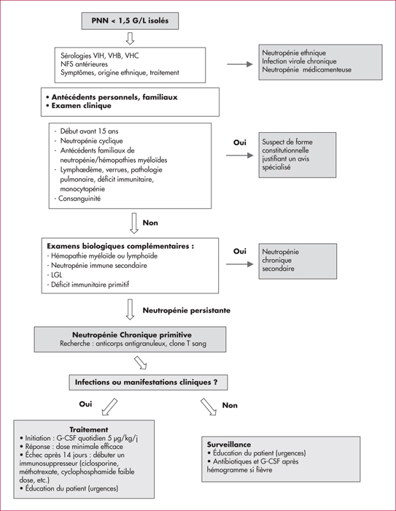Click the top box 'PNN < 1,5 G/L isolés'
[x=130, y=21]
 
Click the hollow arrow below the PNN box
[x=130, y=38]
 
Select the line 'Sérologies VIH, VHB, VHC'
[x=100, y=55]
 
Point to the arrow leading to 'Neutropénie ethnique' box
[x=240, y=64]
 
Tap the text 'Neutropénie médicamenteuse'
[x=306, y=70]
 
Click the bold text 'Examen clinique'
[x=82, y=106]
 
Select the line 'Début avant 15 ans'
[x=89, y=131]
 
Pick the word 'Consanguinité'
[x=79, y=199]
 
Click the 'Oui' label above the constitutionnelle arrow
[x=240, y=142]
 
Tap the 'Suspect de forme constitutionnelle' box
[x=298, y=155]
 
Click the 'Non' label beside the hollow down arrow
[x=150, y=223]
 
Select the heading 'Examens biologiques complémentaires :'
[x=120, y=247]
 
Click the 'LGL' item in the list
[x=56, y=275]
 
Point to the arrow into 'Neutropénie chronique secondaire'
[x=240, y=264]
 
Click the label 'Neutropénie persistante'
[x=187, y=310]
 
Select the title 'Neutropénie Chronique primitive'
[x=132, y=335]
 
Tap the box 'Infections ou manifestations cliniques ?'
[x=148, y=383]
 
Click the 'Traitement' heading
[x=88, y=429]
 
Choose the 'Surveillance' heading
[x=229, y=445]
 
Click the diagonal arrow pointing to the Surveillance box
[x=209, y=407]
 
